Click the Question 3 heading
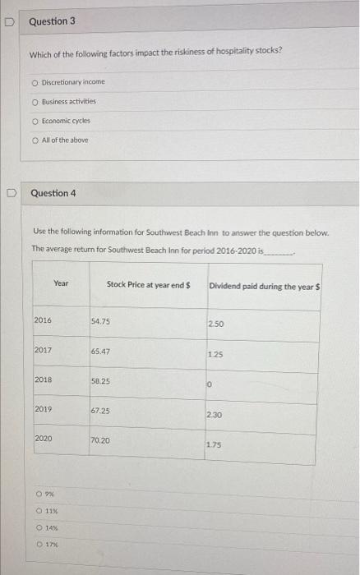pyautogui.click(x=52, y=21)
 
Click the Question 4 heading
pyautogui.click(x=53, y=193)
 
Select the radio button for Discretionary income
pyautogui.click(x=35, y=82)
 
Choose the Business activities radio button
pyautogui.click(x=35, y=101)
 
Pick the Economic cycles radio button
pyautogui.click(x=35, y=120)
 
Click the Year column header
pyautogui.click(x=61, y=283)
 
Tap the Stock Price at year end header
pyautogui.click(x=148, y=284)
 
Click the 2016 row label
pyautogui.click(x=43, y=321)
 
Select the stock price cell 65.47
pyautogui.click(x=102, y=352)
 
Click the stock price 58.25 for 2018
pyautogui.click(x=102, y=381)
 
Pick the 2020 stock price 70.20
pyautogui.click(x=102, y=440)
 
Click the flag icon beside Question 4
pyautogui.click(x=13, y=195)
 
